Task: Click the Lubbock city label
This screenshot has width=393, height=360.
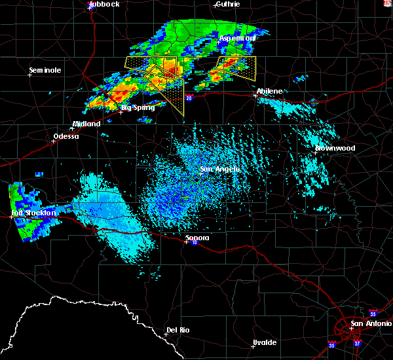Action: pyautogui.click(x=104, y=4)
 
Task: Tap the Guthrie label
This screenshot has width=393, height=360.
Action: pyautogui.click(x=227, y=4)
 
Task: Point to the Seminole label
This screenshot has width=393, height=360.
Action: pyautogui.click(x=45, y=70)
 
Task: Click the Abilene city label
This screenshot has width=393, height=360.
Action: pyautogui.click(x=270, y=91)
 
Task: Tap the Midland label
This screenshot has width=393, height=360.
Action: pyautogui.click(x=86, y=124)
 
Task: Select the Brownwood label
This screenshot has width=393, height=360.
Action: pyautogui.click(x=335, y=148)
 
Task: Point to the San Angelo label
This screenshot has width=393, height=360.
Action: pyautogui.click(x=220, y=169)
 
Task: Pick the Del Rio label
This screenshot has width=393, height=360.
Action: pyautogui.click(x=178, y=330)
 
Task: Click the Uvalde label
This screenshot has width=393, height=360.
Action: pyautogui.click(x=265, y=342)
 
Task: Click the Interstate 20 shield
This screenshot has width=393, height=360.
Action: pyautogui.click(x=189, y=98)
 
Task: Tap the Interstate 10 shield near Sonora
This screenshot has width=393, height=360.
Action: pyautogui.click(x=195, y=242)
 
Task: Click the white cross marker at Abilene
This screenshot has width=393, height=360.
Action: pyautogui.click(x=255, y=96)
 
